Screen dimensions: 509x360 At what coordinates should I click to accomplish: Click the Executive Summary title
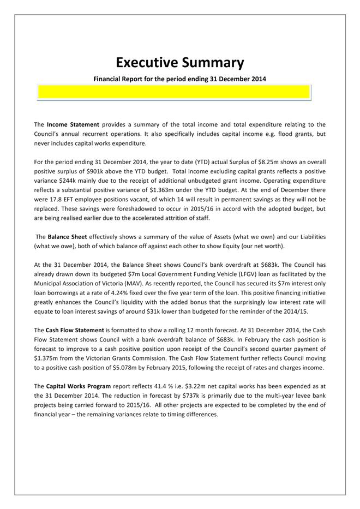pyautogui.click(x=180, y=62)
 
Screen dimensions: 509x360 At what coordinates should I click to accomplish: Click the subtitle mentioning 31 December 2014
pyautogui.click(x=180, y=79)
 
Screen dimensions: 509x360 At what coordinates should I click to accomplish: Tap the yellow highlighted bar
pyautogui.click(x=173, y=93)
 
